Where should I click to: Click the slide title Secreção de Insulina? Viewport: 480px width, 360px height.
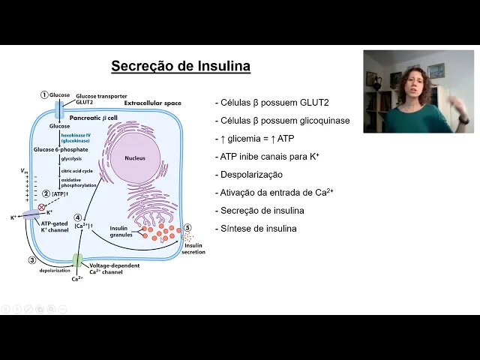[x=181, y=67]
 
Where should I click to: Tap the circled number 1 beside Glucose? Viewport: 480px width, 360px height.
[x=44, y=95]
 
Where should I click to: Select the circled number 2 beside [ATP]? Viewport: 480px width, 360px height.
[x=46, y=193]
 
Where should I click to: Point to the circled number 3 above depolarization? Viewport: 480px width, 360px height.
[x=32, y=260]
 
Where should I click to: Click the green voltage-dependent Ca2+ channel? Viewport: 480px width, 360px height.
[x=77, y=260]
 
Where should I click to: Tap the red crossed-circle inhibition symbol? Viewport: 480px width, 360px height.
[x=41, y=207]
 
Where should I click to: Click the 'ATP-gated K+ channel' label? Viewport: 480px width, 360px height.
[x=55, y=227]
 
